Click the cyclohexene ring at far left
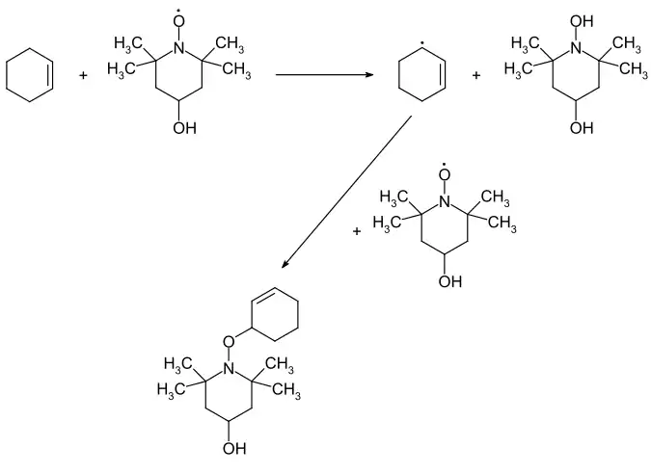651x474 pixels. [7, 75]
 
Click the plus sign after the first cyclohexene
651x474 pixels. [84, 75]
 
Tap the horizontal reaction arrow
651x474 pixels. [325, 74]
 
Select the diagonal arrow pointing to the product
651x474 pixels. [346, 192]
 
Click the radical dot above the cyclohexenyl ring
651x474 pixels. [421, 43]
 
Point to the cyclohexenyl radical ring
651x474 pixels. [398, 75]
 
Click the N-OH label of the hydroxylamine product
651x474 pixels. [582, 21]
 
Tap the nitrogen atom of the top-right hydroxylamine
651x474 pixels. [576, 48]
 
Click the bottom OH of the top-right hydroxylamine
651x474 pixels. [582, 128]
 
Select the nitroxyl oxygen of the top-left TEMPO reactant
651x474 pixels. [178, 21]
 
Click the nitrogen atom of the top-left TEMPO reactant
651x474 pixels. [178, 48]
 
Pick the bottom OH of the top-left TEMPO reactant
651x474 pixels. [184, 128]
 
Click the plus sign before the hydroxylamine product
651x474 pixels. [476, 75]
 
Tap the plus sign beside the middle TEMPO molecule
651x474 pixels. [357, 231]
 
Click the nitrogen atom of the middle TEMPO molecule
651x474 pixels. [445, 201]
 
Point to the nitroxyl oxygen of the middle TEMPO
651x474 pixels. [445, 174]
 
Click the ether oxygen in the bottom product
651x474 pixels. [229, 341]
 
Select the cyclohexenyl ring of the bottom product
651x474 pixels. [298, 314]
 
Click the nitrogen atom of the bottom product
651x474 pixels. [229, 368]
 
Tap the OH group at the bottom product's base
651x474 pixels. [234, 448]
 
